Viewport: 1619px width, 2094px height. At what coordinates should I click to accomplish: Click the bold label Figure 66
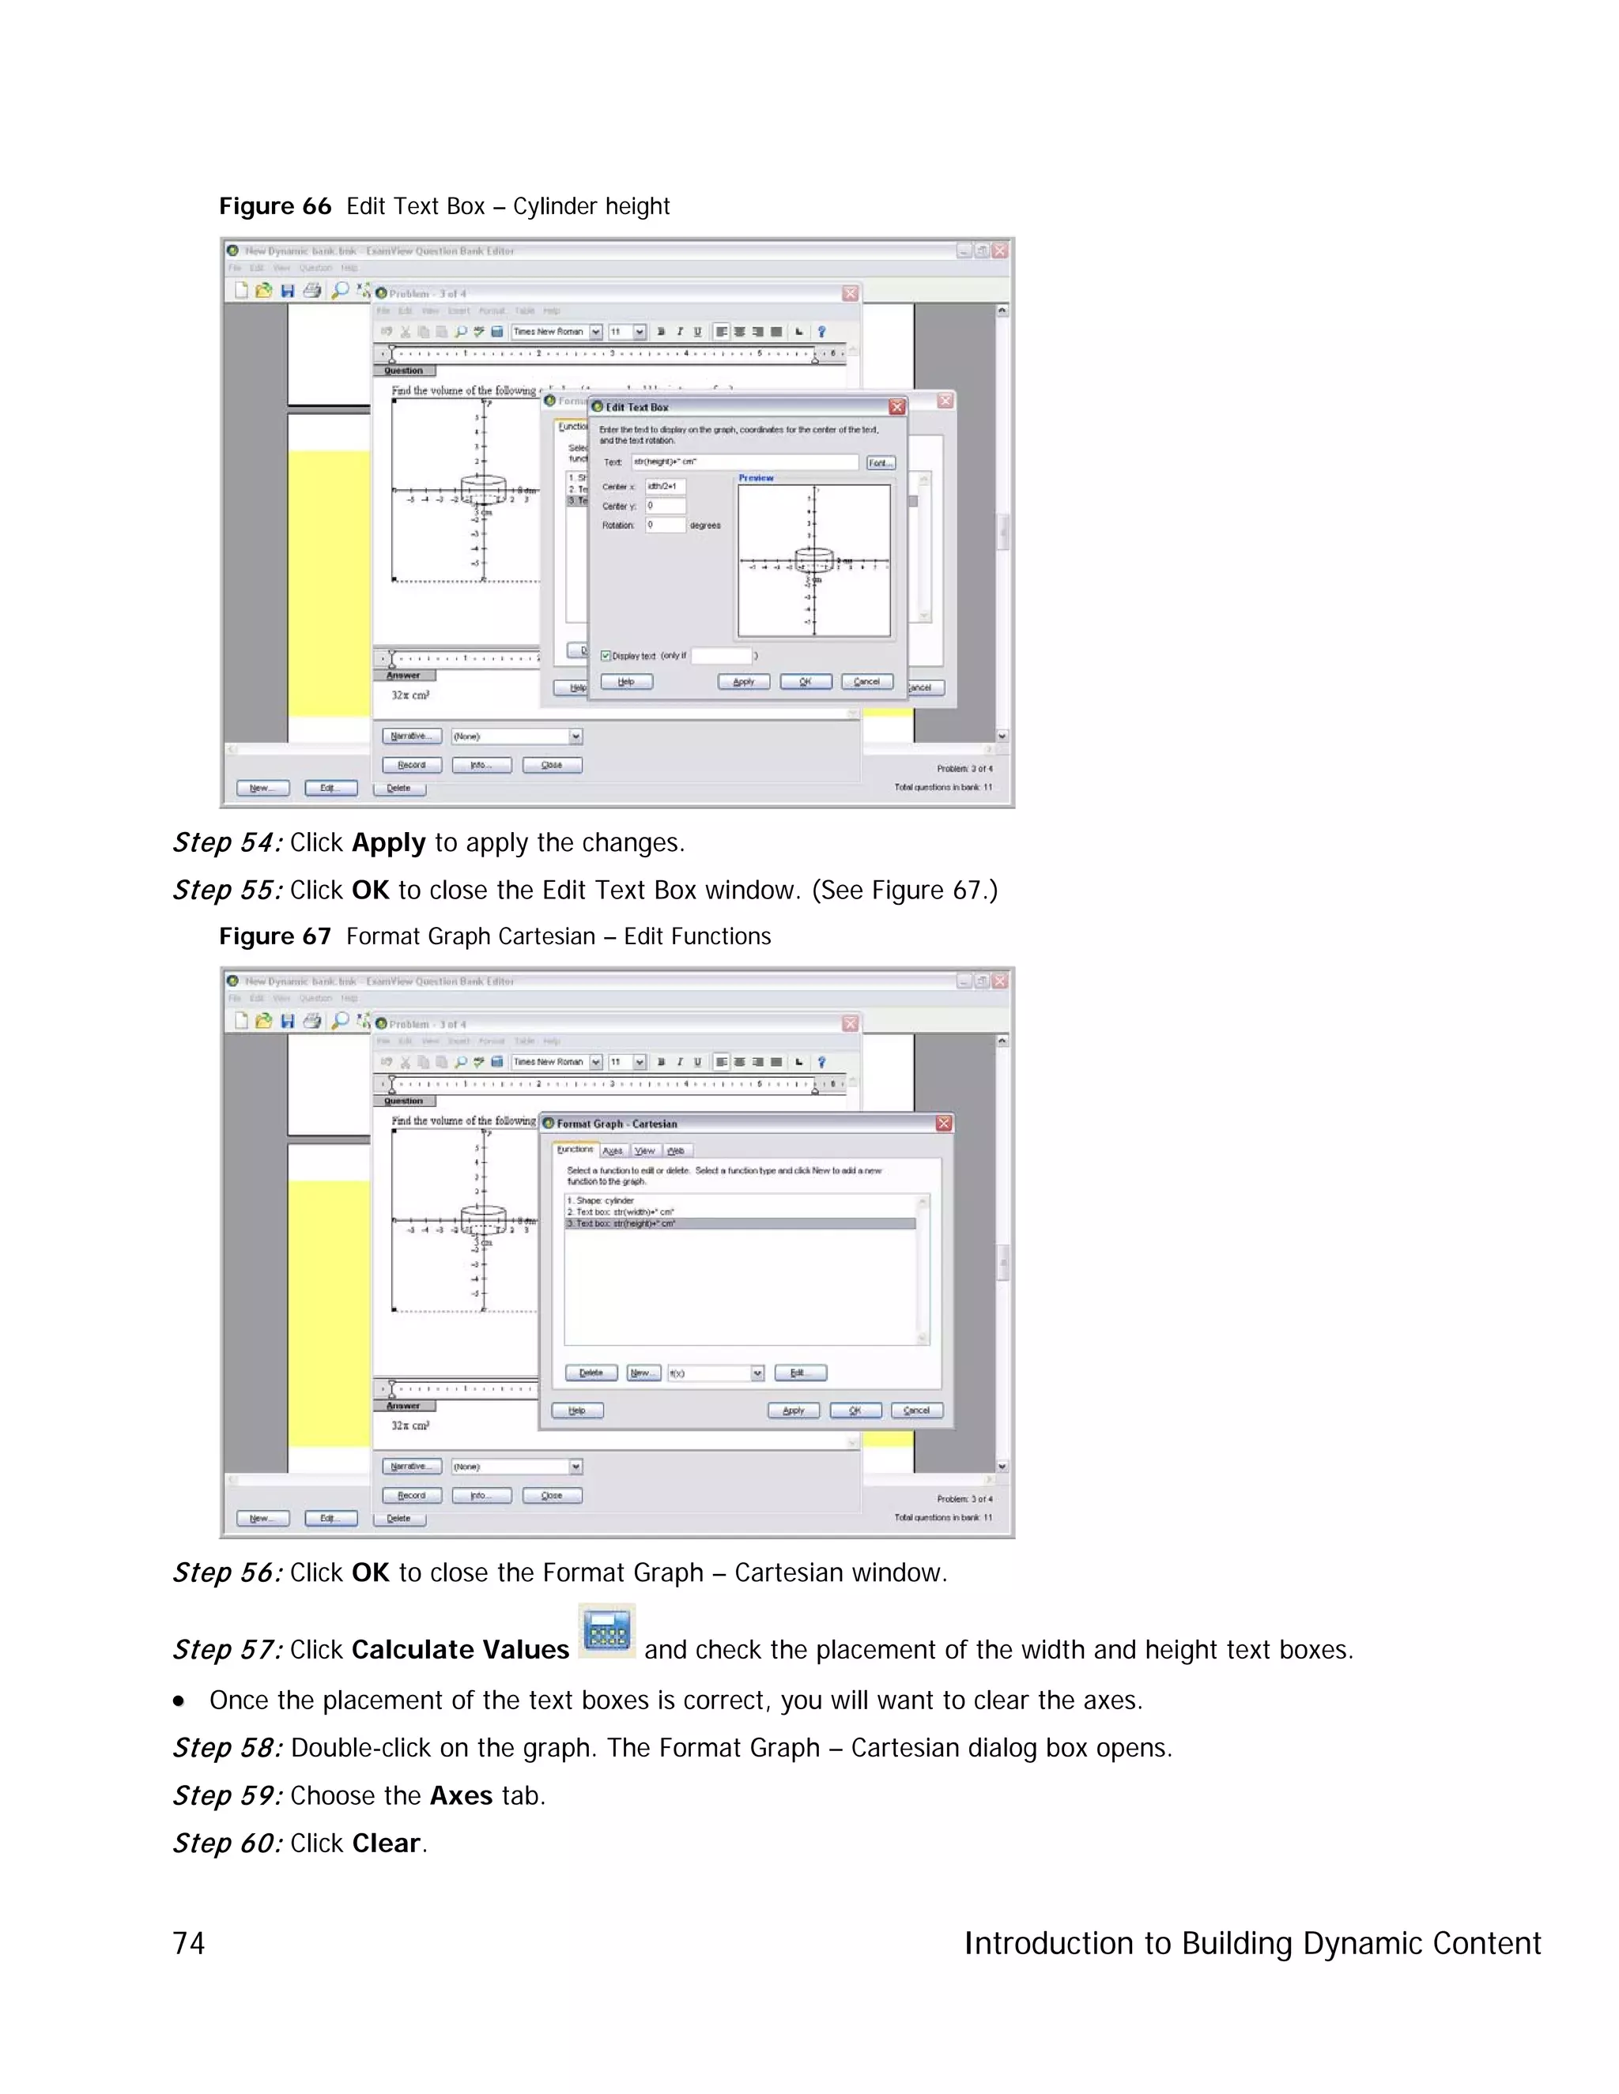[x=274, y=206]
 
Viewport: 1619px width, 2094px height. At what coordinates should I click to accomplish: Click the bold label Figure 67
[x=274, y=936]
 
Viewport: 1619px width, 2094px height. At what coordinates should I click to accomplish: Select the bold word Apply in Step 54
[x=388, y=843]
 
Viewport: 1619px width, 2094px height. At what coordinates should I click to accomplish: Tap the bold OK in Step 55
[x=370, y=891]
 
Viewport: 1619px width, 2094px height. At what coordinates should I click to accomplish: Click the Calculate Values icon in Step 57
[x=606, y=1631]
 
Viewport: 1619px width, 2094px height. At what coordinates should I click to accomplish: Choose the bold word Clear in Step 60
[x=387, y=1844]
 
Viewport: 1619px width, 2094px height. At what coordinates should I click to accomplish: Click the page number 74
[x=189, y=1944]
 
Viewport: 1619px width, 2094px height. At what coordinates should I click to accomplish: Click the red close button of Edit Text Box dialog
[x=896, y=406]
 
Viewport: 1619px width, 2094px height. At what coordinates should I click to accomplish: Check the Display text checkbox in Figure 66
[x=606, y=656]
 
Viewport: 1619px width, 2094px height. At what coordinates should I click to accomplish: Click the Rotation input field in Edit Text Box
[x=665, y=525]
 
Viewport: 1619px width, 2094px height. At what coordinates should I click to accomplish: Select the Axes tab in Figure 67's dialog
[x=613, y=1151]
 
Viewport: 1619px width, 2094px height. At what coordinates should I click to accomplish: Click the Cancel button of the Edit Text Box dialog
[x=867, y=682]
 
